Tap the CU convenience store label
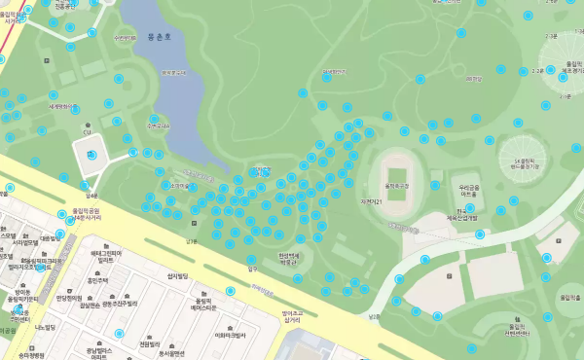tap(88, 130)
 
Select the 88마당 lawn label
tap(334, 73)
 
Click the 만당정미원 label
tap(73, 299)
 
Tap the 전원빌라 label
tap(150, 342)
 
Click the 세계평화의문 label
tap(62, 106)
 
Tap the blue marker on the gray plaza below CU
tap(92, 154)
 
